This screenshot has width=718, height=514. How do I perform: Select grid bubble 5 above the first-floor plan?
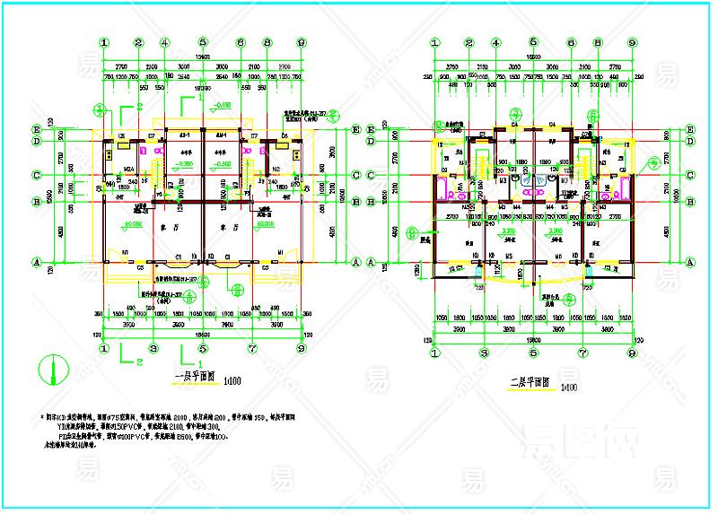point(203,42)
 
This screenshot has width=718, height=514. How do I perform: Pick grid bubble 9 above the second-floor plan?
point(632,42)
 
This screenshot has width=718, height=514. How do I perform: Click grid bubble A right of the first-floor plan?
point(356,262)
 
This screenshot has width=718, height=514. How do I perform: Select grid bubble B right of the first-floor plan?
point(356,202)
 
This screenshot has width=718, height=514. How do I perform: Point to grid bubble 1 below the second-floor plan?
point(434,352)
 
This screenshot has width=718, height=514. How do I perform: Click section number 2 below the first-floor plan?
point(139,362)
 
